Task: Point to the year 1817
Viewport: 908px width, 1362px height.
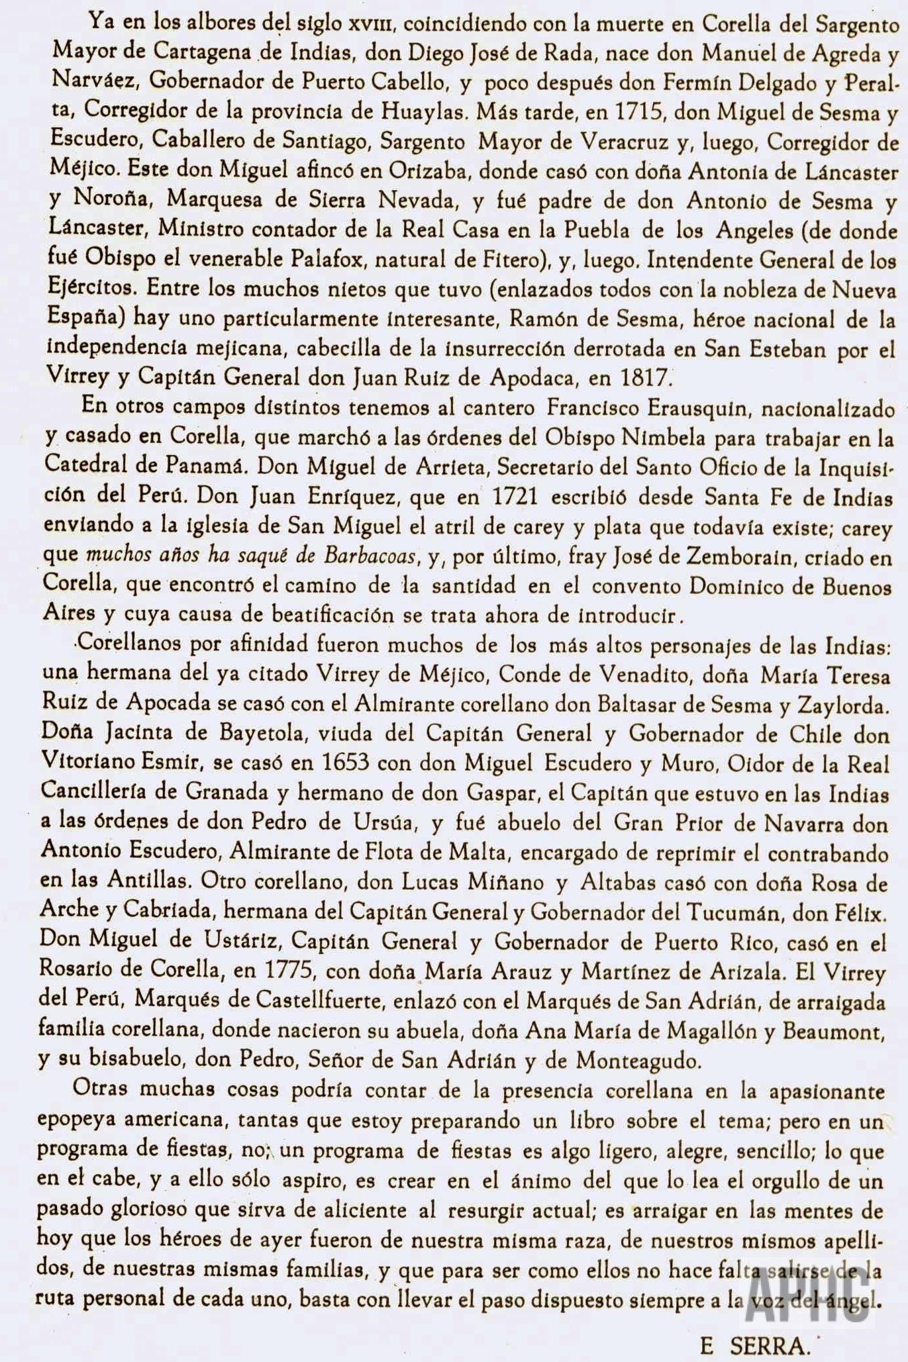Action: [x=646, y=378]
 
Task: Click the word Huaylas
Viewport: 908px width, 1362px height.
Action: [x=423, y=111]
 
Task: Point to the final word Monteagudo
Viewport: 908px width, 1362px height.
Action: [x=637, y=1060]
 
